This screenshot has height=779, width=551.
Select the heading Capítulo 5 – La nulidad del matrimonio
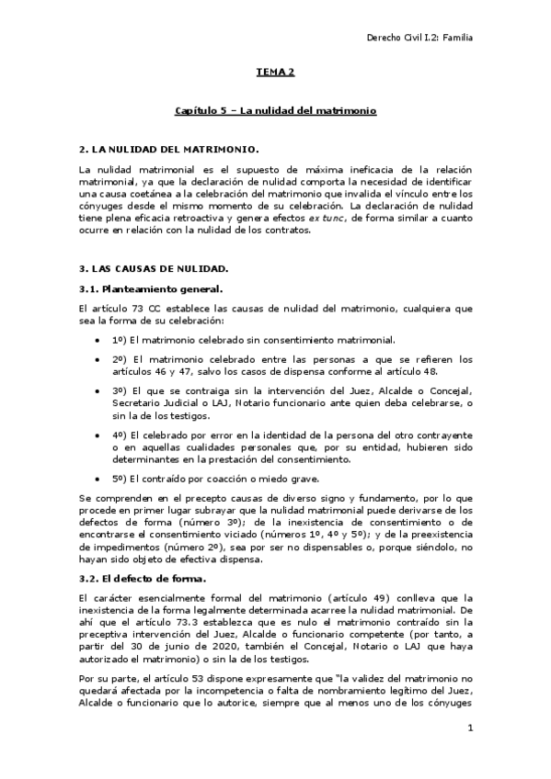click(275, 110)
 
